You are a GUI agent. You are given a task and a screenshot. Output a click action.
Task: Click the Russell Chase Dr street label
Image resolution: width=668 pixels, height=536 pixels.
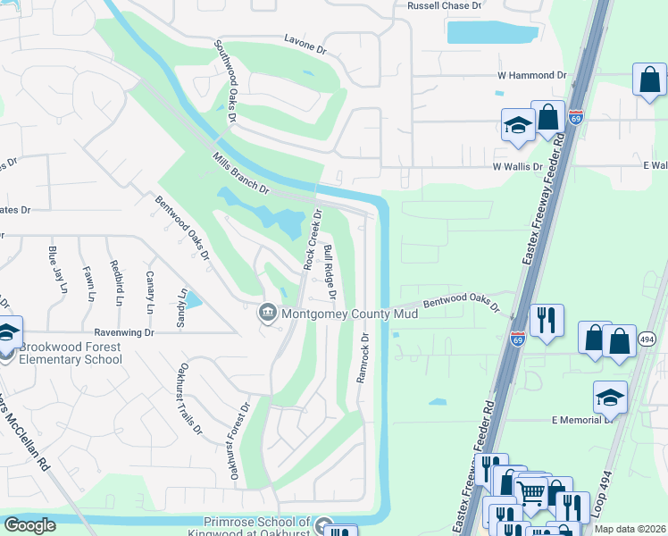444,5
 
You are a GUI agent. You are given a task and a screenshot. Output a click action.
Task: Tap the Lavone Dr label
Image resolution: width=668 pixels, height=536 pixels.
307,39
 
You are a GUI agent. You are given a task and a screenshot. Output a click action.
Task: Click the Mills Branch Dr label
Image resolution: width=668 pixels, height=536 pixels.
240,173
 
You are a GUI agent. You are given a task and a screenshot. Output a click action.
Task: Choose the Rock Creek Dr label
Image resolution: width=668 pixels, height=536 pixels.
312,239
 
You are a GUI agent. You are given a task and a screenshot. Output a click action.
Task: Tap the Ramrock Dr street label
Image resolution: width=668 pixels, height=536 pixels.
363,358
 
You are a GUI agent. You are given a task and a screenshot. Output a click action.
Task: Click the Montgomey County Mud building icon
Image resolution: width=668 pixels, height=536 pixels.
267,314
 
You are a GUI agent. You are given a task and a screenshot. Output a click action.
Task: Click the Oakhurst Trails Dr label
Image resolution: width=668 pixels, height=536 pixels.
190,398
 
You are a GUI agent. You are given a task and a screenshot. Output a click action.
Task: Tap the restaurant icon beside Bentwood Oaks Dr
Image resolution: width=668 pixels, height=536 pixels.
545,321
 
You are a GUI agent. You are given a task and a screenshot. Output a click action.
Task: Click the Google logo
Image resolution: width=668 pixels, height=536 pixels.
29,525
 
